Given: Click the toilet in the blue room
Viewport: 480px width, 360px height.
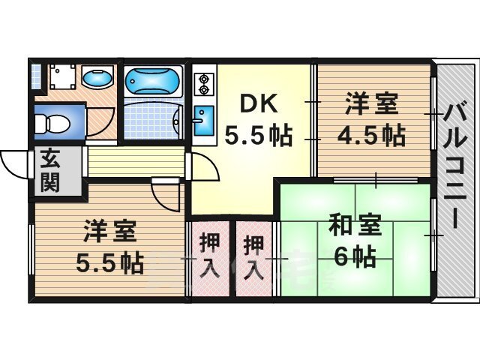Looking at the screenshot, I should point(54,121).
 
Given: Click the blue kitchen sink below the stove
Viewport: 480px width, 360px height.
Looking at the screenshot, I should point(202,121).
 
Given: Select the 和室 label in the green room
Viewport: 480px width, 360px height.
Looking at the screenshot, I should point(354,224).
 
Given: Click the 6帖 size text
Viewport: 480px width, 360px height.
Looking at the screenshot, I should point(354,256).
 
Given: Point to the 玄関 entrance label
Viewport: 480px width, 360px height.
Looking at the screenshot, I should point(49,171).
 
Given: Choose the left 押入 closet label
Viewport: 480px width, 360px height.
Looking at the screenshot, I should point(210,256).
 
